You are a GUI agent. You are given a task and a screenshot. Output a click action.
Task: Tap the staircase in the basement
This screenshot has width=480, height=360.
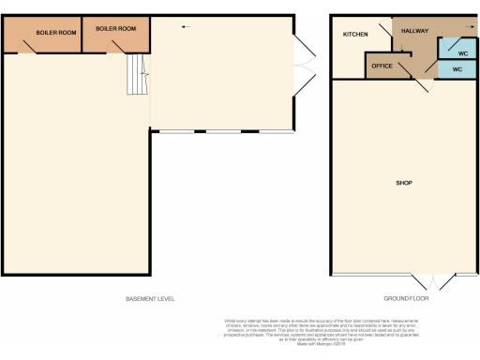click(138, 74)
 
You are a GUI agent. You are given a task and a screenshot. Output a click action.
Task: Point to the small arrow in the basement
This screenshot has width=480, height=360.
click(185, 26)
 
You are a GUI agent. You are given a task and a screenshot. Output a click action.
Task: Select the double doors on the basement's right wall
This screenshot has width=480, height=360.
click(307, 65)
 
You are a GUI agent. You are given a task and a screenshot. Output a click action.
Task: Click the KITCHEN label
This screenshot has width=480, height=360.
click(355, 35)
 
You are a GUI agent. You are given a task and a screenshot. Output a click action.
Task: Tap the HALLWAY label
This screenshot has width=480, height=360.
click(415, 31)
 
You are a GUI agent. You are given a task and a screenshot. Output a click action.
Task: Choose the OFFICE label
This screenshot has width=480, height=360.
click(382, 66)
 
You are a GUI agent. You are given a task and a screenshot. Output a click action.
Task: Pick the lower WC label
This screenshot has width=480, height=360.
click(457, 70)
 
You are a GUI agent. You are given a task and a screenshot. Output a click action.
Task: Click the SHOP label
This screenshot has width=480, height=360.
click(405, 182)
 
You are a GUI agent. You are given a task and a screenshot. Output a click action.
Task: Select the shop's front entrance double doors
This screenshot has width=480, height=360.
click(434, 282)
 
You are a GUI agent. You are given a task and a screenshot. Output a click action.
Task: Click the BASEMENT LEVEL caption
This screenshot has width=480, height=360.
click(150, 299)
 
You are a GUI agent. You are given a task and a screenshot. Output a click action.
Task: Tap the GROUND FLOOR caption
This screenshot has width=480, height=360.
click(406, 299)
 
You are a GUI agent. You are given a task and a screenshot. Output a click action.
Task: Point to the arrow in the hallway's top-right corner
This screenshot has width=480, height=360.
click(467, 27)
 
